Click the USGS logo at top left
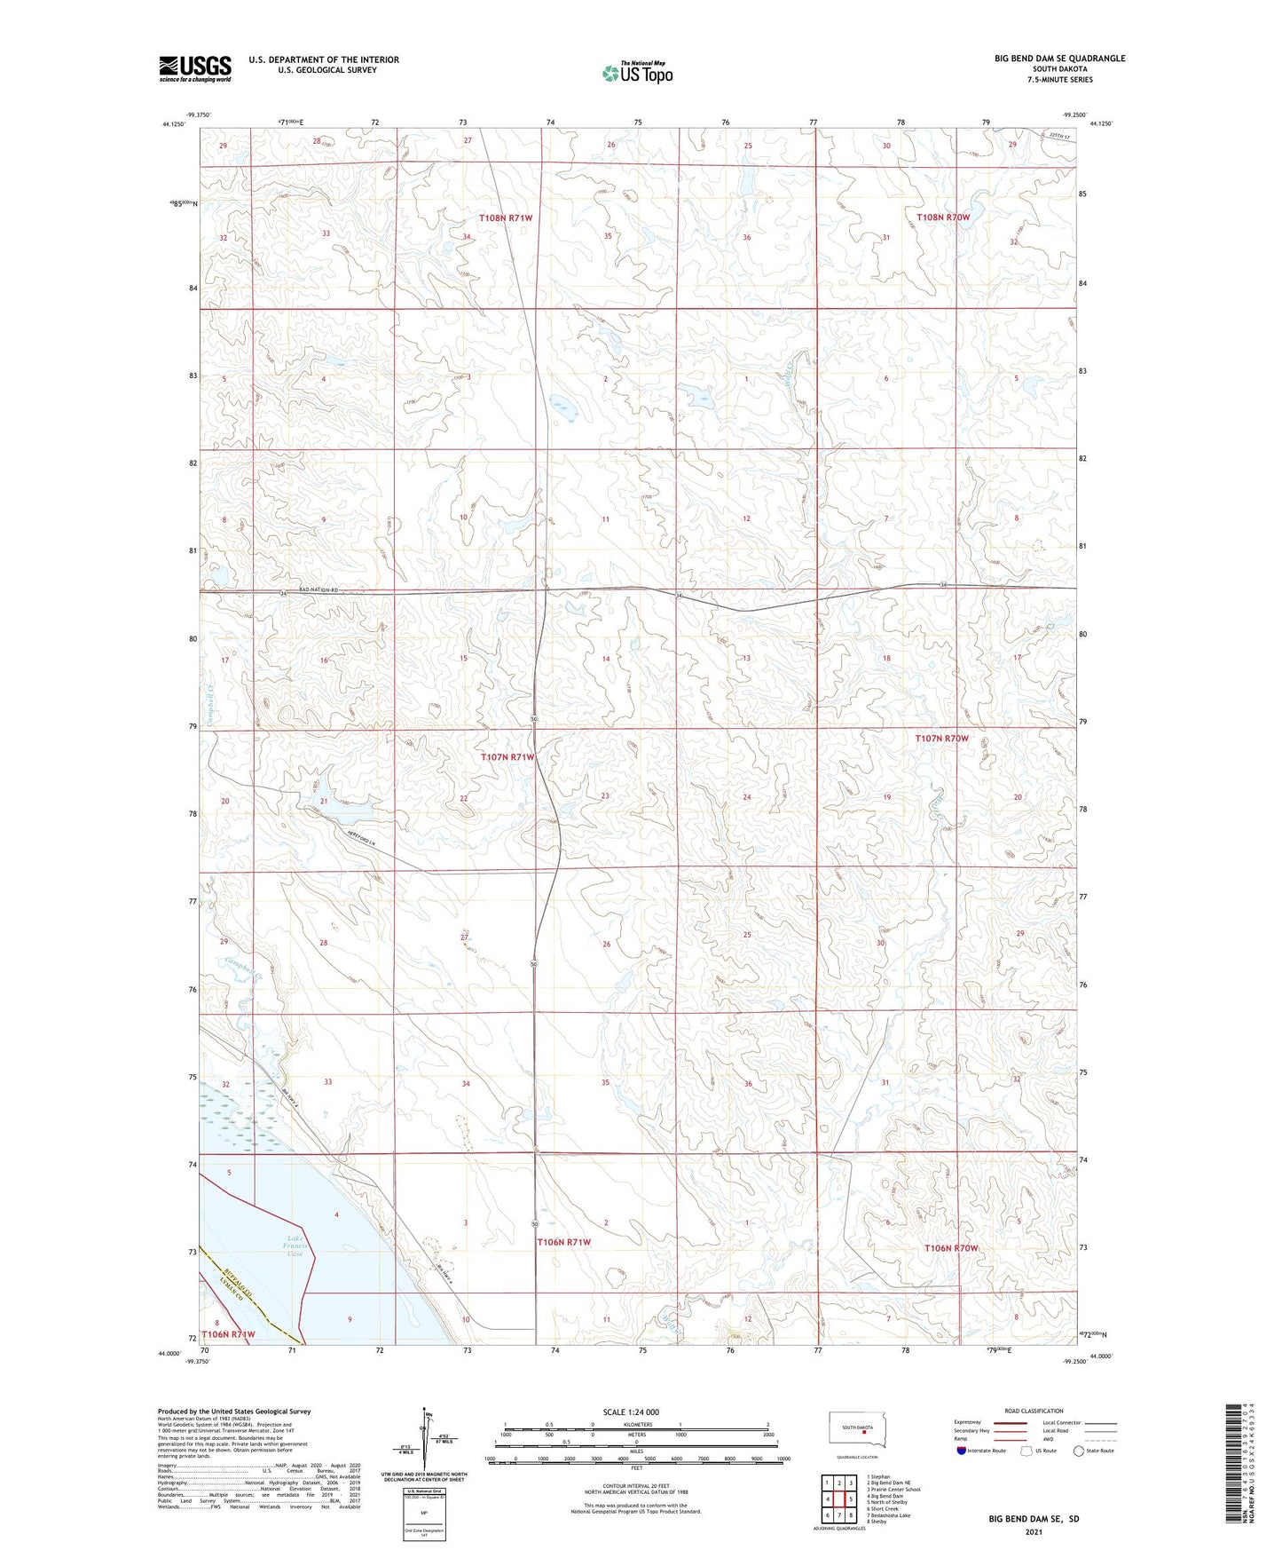(x=194, y=68)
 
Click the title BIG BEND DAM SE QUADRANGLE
(x=1059, y=59)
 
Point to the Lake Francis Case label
(x=295, y=1246)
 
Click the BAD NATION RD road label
(x=319, y=590)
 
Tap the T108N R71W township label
(x=505, y=218)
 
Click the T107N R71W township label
(x=507, y=757)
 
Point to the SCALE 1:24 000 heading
(x=631, y=1412)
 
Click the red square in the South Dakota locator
(x=863, y=1430)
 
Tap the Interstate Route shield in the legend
(x=962, y=1451)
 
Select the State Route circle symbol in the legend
(x=1078, y=1451)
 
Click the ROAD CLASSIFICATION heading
(x=1034, y=1411)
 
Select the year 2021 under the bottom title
(x=1033, y=1531)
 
